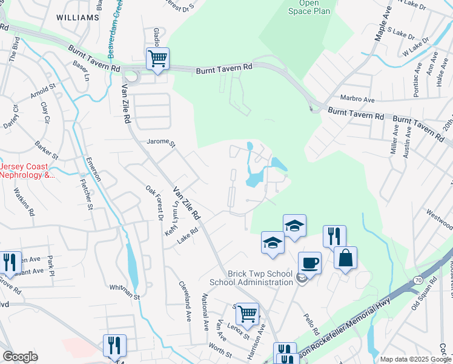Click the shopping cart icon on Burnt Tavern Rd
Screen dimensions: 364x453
(157, 59)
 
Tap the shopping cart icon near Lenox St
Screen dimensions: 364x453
(247, 314)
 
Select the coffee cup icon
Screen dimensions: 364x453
(309, 263)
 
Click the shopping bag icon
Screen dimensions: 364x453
(345, 257)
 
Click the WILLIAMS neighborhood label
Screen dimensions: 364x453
(77, 18)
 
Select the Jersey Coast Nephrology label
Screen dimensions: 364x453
(27, 170)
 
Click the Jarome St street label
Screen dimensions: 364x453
(160, 144)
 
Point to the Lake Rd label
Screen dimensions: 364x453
(188, 236)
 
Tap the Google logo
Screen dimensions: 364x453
(20, 357)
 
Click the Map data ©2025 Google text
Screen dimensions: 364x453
(415, 359)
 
